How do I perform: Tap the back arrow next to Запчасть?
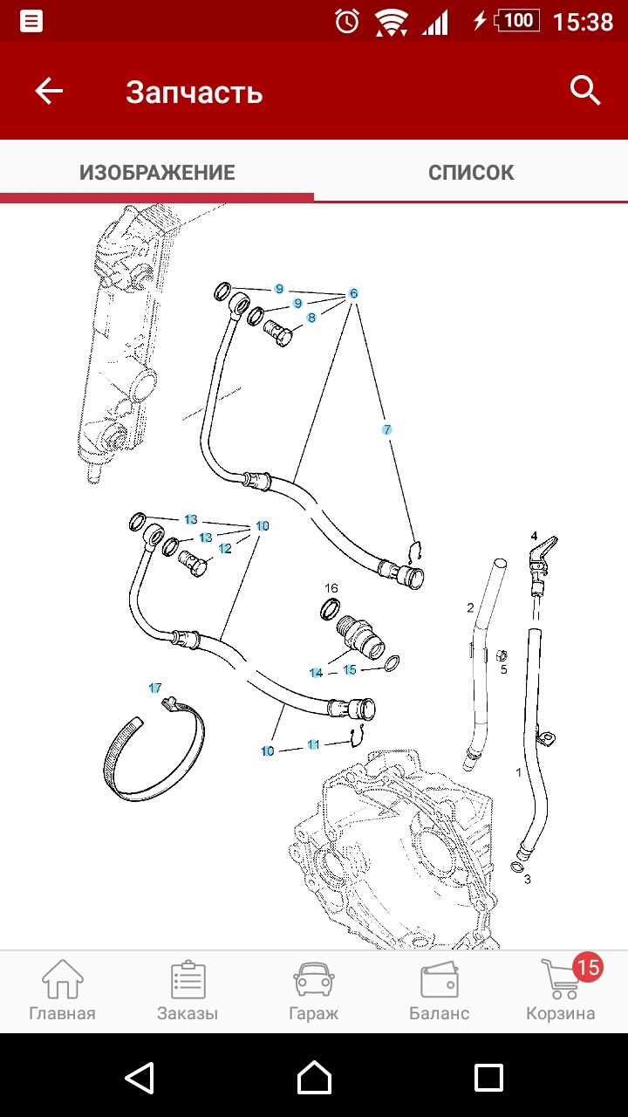[49, 91]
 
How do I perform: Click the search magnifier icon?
[585, 90]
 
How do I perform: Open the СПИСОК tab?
[471, 172]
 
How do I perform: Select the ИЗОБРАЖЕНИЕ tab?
[157, 172]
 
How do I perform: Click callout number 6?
[353, 293]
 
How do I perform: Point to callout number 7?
[386, 429]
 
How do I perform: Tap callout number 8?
[311, 318]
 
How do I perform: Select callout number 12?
[225, 548]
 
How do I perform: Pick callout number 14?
[316, 673]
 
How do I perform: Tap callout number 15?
[350, 669]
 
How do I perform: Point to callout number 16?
[331, 588]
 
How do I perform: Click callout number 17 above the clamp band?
[155, 688]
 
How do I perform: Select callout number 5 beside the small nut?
[503, 669]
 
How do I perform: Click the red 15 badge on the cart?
[587, 967]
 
